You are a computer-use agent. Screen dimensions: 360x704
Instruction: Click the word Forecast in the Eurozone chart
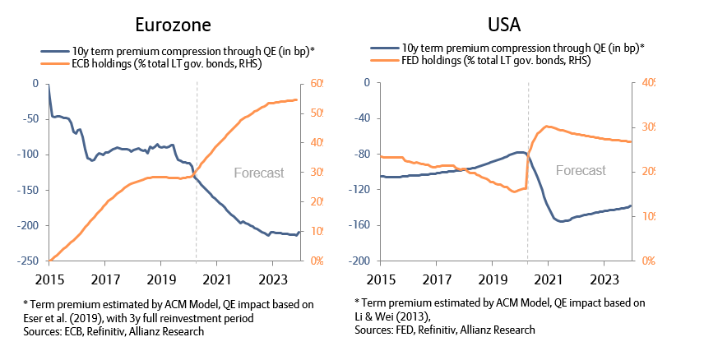pos(259,173)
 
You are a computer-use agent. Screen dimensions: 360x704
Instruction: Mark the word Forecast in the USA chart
pos(581,170)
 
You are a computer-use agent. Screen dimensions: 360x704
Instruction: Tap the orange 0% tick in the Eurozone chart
pos(315,261)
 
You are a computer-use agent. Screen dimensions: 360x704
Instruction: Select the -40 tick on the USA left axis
pos(359,118)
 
